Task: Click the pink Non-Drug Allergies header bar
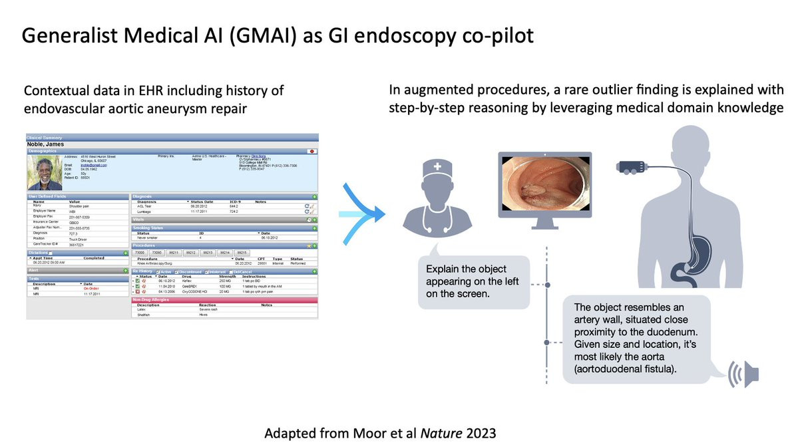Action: (x=224, y=300)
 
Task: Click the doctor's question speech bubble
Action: (x=473, y=280)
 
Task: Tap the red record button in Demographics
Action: (x=312, y=152)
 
